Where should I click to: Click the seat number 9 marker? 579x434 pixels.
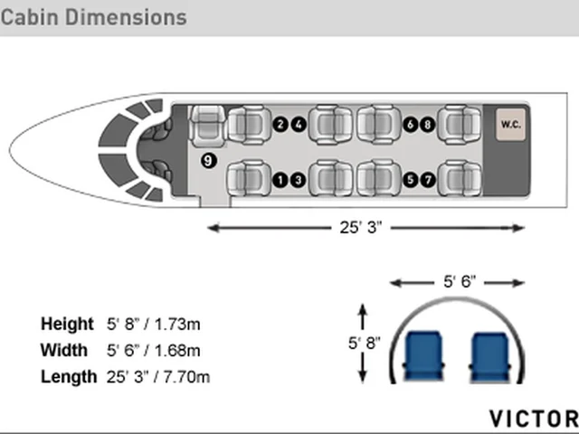tap(208, 161)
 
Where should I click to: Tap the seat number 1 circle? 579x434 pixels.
tap(280, 180)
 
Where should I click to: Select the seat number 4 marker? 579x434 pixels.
tap(299, 125)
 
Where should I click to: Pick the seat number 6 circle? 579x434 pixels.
tap(410, 125)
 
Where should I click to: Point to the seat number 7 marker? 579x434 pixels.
tap(428, 180)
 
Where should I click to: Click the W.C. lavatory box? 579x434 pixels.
tap(510, 125)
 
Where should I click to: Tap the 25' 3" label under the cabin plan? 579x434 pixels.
tap(361, 227)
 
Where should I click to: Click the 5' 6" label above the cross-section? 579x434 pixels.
tap(460, 281)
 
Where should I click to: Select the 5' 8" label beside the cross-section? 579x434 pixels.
tap(364, 343)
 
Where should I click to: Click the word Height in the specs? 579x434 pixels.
tap(67, 324)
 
